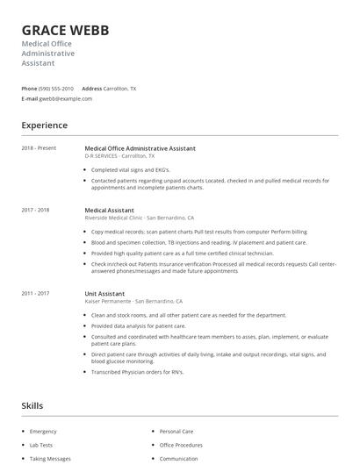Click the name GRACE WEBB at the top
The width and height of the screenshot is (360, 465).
coord(65,30)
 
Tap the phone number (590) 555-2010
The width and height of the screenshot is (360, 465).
coord(56,89)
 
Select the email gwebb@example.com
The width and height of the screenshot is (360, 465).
coord(66,99)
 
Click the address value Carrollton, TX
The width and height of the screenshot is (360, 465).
coord(120,89)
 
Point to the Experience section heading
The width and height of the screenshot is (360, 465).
coord(44,125)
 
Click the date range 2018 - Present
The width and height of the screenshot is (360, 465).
coord(39,148)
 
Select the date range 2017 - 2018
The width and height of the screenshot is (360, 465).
coord(35,211)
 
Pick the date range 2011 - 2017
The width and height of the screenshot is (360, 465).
coord(35,293)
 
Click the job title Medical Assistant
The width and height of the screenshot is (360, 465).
coord(108,211)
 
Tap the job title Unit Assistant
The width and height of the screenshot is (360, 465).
coord(104,293)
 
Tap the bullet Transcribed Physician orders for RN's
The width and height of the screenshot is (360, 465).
coord(136,371)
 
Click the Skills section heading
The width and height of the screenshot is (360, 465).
coord(32,406)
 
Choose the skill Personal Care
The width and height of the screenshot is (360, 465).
coord(176,432)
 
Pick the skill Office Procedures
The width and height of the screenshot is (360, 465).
coord(180,445)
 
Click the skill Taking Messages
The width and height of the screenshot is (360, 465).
coord(49,458)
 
